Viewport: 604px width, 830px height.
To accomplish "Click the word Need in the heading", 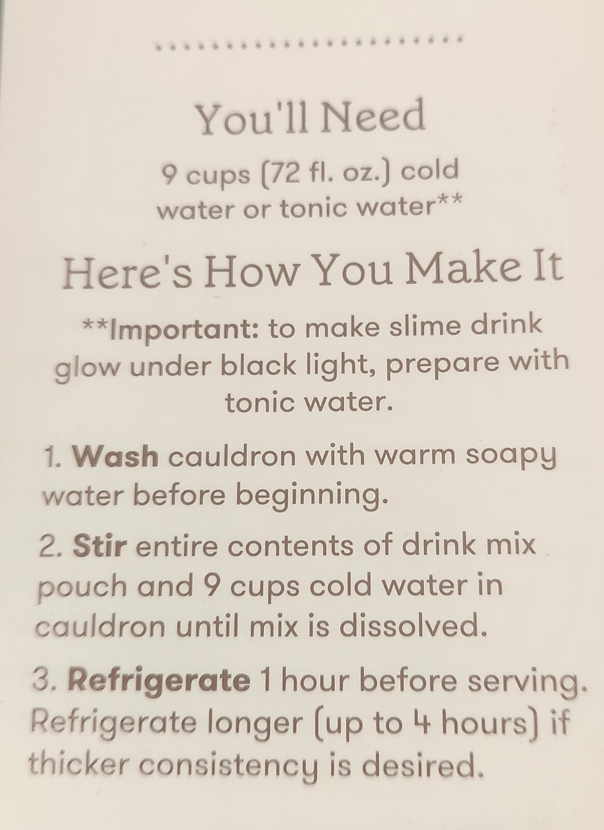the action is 373,116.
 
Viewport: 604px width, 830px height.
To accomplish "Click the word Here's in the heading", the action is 127,268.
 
